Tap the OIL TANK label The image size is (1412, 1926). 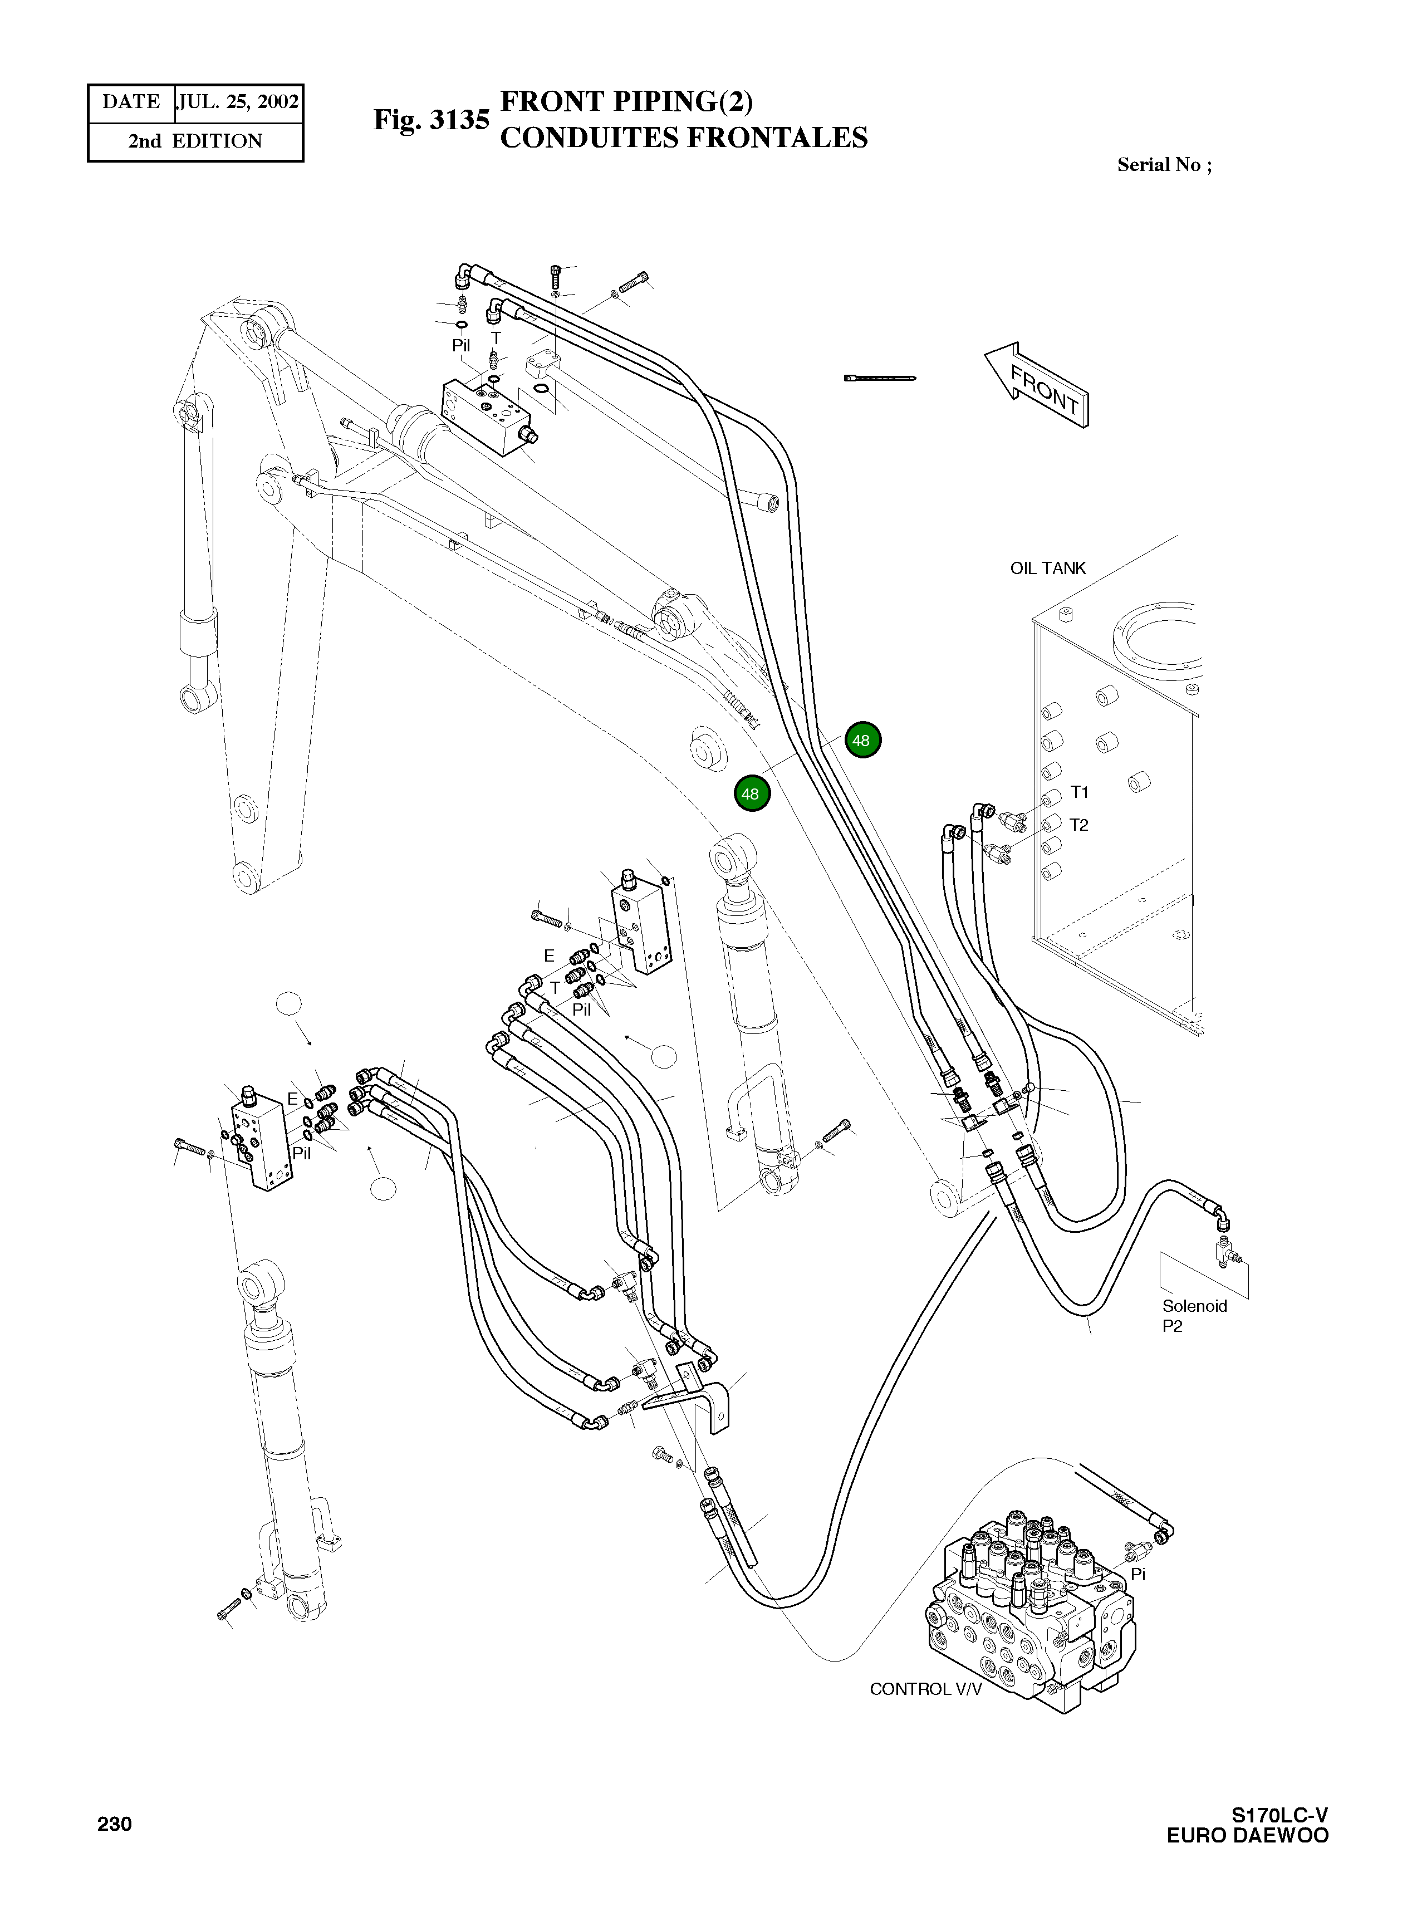click(1048, 567)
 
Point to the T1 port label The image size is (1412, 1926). click(1080, 792)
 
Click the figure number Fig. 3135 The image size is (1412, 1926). click(432, 120)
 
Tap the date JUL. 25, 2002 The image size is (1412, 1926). click(238, 102)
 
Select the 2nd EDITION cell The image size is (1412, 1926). click(196, 141)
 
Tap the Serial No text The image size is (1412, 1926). click(1164, 165)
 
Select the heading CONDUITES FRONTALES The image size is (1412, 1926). click(684, 138)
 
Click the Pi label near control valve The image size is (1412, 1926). click(1138, 1574)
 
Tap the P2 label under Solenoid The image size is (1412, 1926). click(1172, 1327)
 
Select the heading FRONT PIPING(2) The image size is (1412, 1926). click(626, 102)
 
